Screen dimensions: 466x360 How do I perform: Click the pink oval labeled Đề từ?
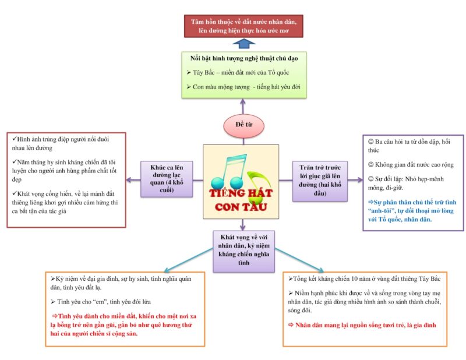[x=243, y=125]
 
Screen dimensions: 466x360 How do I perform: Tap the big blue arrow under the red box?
[x=243, y=44]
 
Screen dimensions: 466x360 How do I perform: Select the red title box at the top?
[x=243, y=26]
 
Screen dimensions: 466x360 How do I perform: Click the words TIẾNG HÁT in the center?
[x=241, y=193]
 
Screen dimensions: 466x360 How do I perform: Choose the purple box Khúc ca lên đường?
[x=167, y=179]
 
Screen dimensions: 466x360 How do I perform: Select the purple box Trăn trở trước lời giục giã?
[x=320, y=181]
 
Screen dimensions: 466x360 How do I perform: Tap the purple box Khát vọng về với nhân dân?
[x=243, y=251]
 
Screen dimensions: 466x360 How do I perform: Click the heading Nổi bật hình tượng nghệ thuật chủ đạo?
[x=244, y=58]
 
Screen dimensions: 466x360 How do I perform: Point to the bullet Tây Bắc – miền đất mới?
[x=238, y=73]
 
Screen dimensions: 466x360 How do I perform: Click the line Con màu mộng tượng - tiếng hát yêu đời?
[x=243, y=87]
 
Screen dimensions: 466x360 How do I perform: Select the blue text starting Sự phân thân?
[x=412, y=211]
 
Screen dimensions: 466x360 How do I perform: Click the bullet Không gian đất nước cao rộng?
[x=411, y=164]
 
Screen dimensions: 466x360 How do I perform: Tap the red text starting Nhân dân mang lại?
[x=362, y=325]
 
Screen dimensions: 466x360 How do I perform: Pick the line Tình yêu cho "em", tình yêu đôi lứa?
[x=100, y=302]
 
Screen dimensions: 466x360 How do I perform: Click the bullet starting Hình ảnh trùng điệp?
[x=61, y=143]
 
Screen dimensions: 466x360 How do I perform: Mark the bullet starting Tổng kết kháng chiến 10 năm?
[x=365, y=279]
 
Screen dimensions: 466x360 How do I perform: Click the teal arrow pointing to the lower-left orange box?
[x=188, y=260]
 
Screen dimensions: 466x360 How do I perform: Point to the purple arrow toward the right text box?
[x=355, y=179]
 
